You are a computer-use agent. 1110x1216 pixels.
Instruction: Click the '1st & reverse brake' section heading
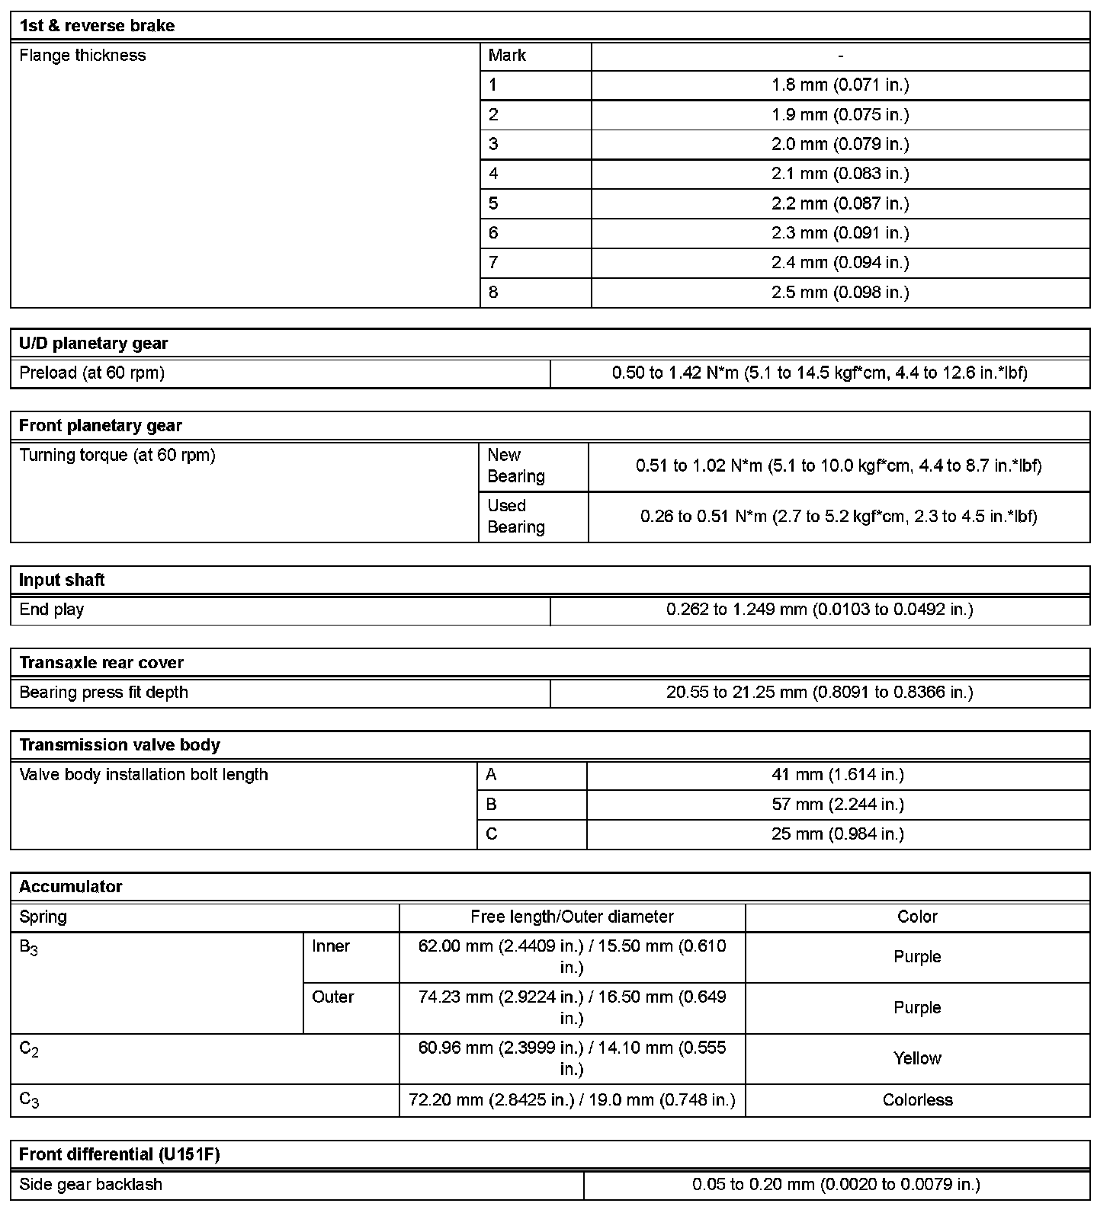pyautogui.click(x=97, y=26)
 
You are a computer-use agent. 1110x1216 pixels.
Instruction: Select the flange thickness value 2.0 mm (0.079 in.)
pyautogui.click(x=840, y=144)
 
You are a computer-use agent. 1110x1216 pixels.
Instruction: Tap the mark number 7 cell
pyautogui.click(x=494, y=263)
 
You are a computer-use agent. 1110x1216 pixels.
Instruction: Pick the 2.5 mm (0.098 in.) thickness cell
pyautogui.click(x=840, y=293)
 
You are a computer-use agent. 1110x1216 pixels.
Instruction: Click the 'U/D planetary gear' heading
pyautogui.click(x=93, y=344)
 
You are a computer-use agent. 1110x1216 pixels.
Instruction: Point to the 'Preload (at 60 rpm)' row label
pyautogui.click(x=91, y=373)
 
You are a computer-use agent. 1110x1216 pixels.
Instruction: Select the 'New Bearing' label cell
pyautogui.click(x=516, y=466)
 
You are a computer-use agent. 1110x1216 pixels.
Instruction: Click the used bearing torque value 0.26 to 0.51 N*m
pyautogui.click(x=839, y=517)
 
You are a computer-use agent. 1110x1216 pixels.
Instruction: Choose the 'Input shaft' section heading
pyautogui.click(x=62, y=581)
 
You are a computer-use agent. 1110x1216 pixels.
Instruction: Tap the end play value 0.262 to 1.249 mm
pyautogui.click(x=820, y=610)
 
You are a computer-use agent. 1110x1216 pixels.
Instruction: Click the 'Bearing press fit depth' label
pyautogui.click(x=103, y=693)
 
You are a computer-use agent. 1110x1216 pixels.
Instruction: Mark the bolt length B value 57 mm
pyautogui.click(x=838, y=805)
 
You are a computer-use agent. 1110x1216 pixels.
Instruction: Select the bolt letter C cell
pyautogui.click(x=492, y=834)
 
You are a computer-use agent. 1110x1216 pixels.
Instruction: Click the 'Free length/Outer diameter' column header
pyautogui.click(x=572, y=917)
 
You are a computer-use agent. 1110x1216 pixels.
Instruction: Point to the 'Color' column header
pyautogui.click(x=917, y=917)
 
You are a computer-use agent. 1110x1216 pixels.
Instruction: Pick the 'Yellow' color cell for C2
pyautogui.click(x=917, y=1058)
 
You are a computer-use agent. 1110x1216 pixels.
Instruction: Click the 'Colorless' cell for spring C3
pyautogui.click(x=917, y=1100)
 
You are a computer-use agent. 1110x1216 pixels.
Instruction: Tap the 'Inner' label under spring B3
pyautogui.click(x=331, y=946)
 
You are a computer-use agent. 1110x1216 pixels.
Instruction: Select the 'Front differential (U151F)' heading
pyautogui.click(x=119, y=1155)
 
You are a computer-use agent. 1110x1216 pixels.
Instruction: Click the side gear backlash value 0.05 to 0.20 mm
pyautogui.click(x=836, y=1185)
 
